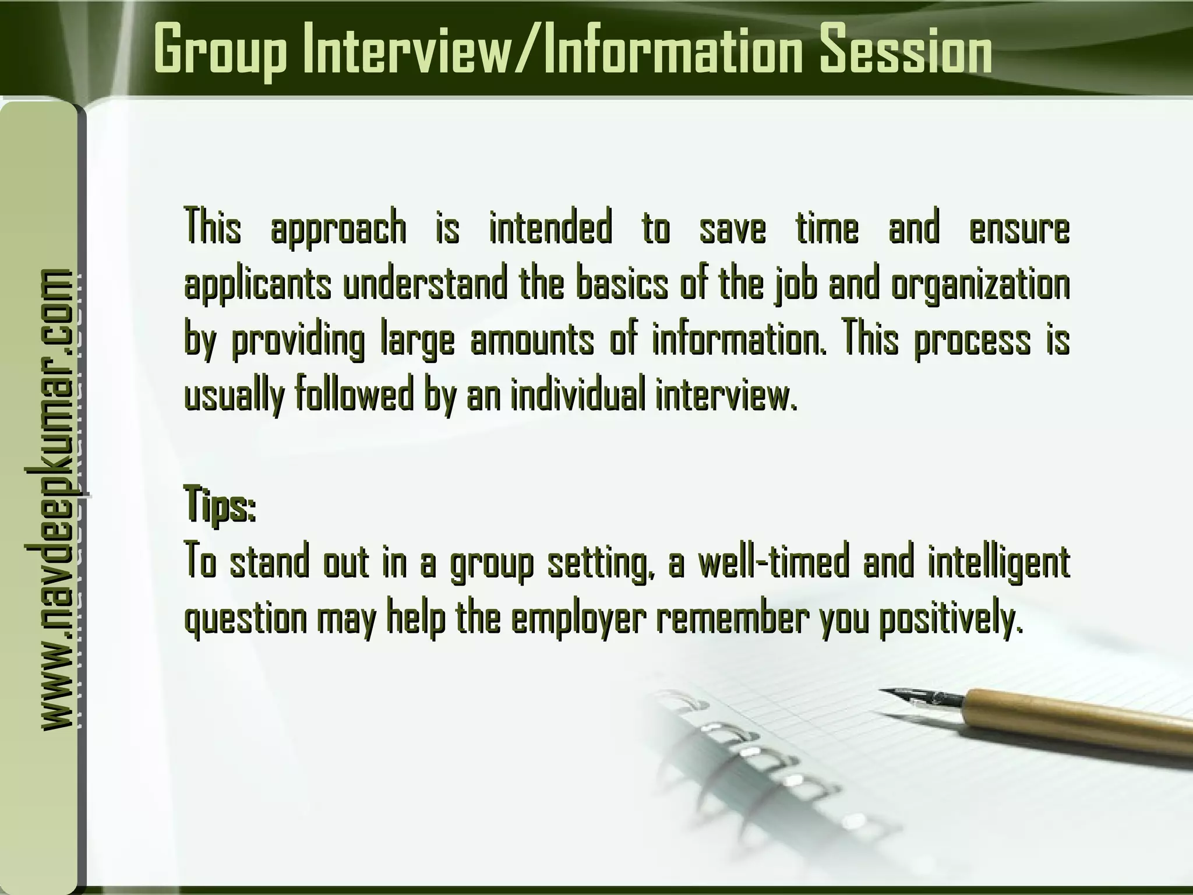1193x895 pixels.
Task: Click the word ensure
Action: tap(1019, 228)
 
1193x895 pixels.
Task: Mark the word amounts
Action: tap(532, 341)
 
